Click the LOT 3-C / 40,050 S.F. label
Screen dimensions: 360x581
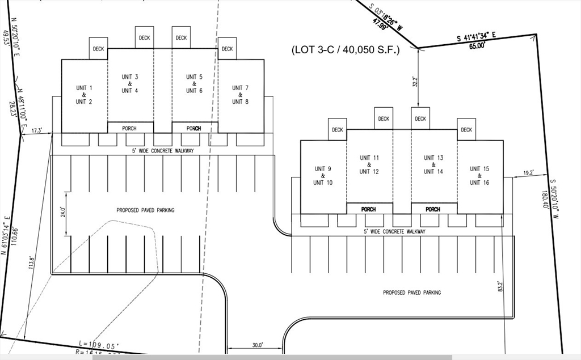[x=346, y=50]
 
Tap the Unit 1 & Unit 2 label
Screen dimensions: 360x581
[x=84, y=95]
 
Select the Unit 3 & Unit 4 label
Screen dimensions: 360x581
[x=130, y=83]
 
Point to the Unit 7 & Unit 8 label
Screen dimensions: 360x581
[x=240, y=95]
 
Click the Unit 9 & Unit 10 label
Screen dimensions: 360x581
[x=323, y=176]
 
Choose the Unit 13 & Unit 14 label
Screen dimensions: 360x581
[x=433, y=164]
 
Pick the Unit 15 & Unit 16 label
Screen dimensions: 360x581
[x=479, y=176]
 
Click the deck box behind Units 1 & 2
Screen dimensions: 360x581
[x=99, y=49]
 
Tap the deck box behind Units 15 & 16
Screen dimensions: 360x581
[x=466, y=130]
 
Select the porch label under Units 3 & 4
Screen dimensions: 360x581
[x=129, y=129]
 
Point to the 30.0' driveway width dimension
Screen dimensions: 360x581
[x=258, y=344]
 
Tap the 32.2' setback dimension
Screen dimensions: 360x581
[x=415, y=82]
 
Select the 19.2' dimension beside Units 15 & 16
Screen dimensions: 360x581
[x=528, y=173]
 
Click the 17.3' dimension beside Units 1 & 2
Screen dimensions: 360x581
[x=37, y=130]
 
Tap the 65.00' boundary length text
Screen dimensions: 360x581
[x=477, y=46]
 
